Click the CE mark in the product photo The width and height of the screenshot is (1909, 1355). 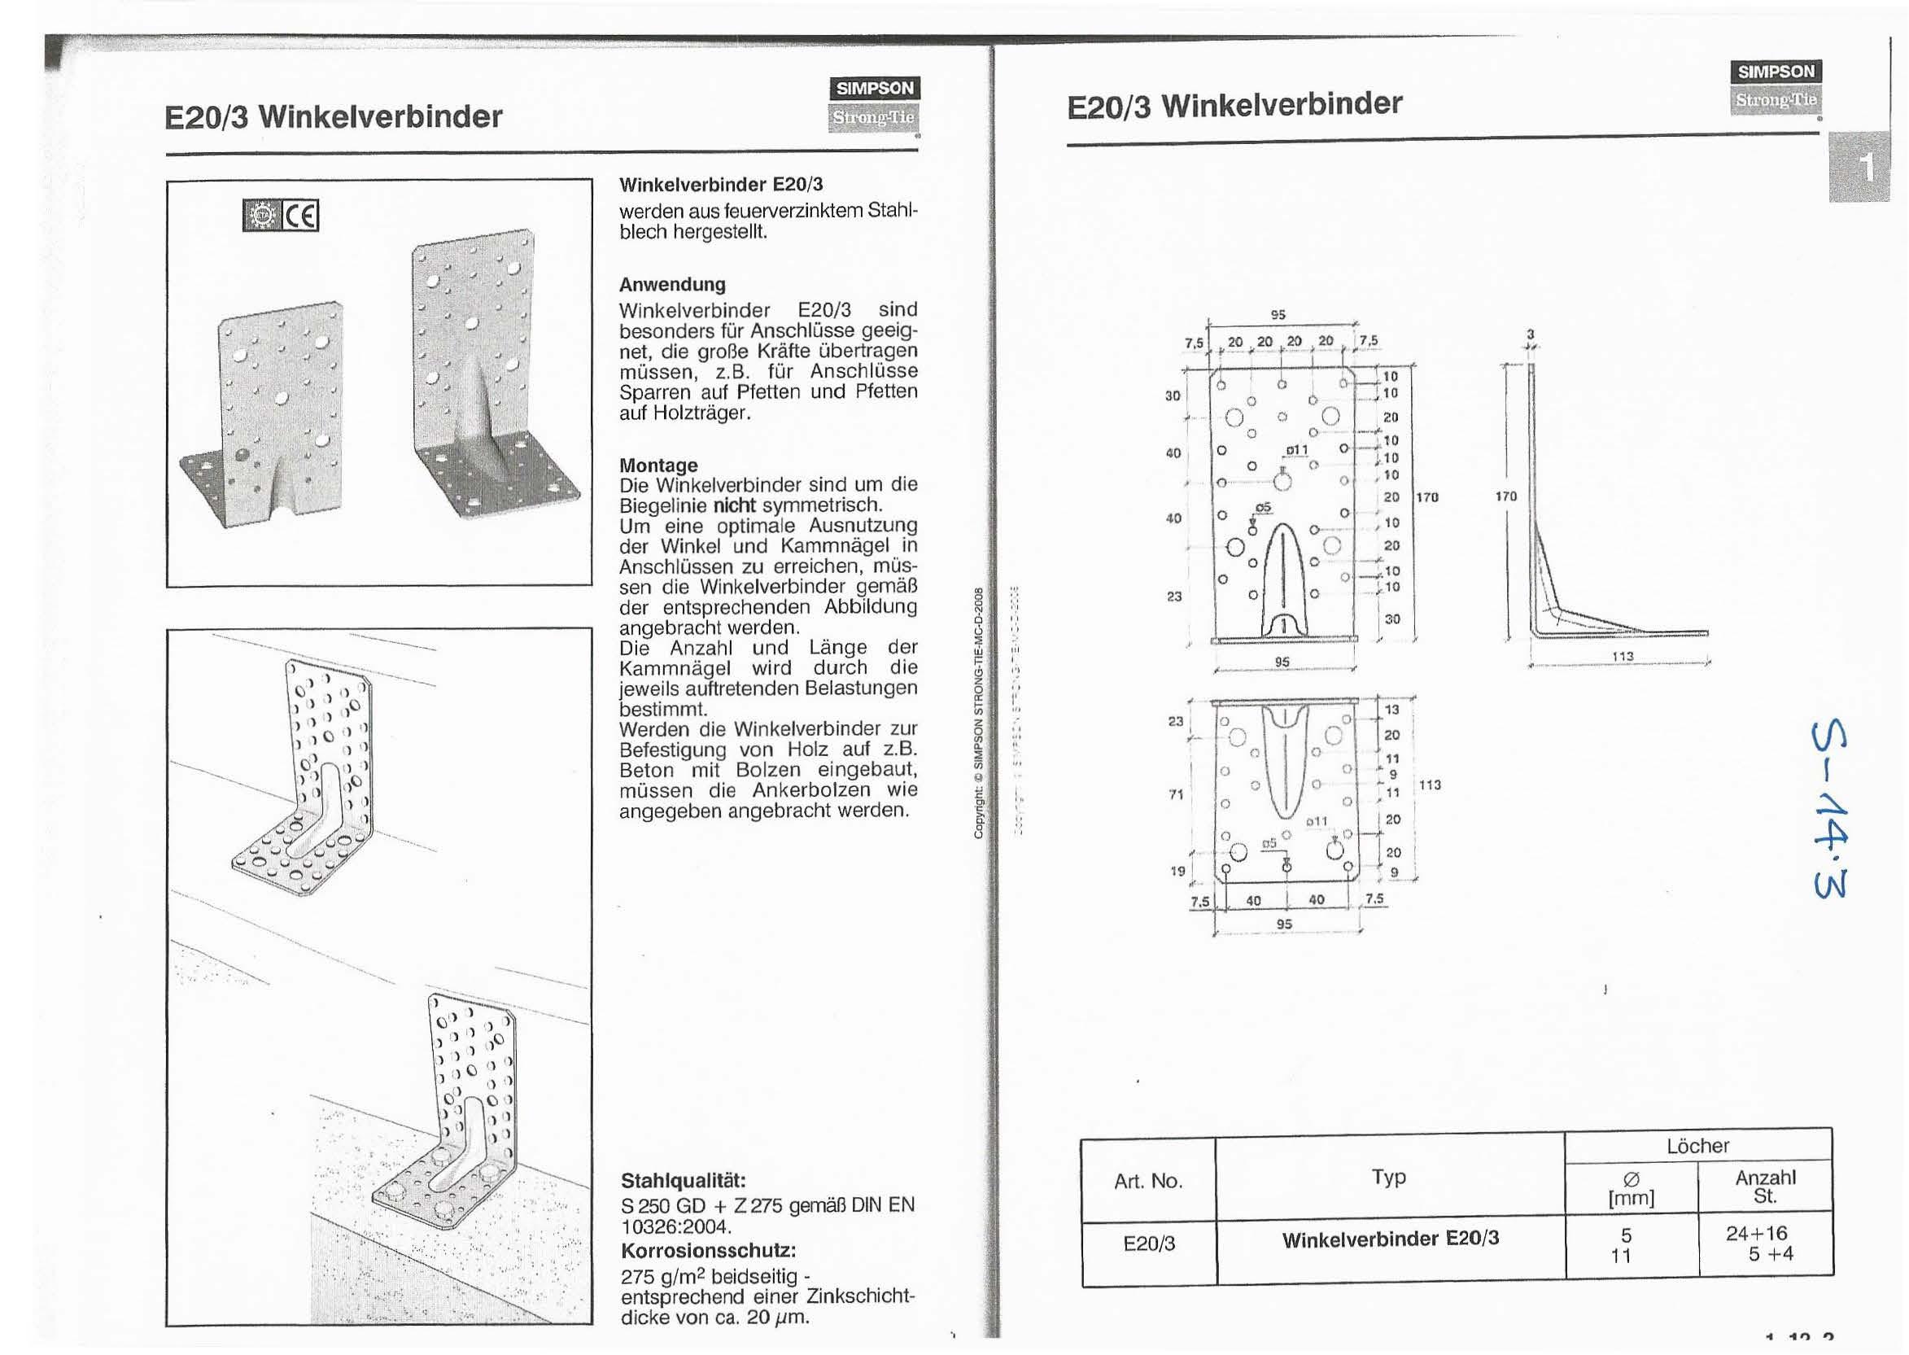(301, 216)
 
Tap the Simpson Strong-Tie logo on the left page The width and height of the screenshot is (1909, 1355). (874, 103)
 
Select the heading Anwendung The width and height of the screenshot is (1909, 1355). (671, 285)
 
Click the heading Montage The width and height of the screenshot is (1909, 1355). (658, 465)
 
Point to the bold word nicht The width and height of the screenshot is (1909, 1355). (733, 505)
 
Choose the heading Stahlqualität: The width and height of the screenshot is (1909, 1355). (683, 1181)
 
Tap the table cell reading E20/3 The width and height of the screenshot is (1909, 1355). (1148, 1244)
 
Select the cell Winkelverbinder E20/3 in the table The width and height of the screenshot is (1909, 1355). (1390, 1239)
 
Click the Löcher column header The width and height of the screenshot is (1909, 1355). (1697, 1147)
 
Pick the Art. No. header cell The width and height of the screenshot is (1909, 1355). (1148, 1181)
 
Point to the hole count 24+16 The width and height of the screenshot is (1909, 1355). (1756, 1233)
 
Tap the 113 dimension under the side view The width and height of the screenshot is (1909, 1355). (1622, 656)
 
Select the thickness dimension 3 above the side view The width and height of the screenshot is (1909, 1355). (1530, 334)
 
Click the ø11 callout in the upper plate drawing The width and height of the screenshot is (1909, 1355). (1296, 451)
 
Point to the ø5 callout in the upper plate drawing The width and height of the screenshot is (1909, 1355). (1264, 507)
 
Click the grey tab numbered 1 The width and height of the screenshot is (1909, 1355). (1859, 168)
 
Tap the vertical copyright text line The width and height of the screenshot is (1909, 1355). (979, 714)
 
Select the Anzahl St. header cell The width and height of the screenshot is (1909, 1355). (1765, 1187)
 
